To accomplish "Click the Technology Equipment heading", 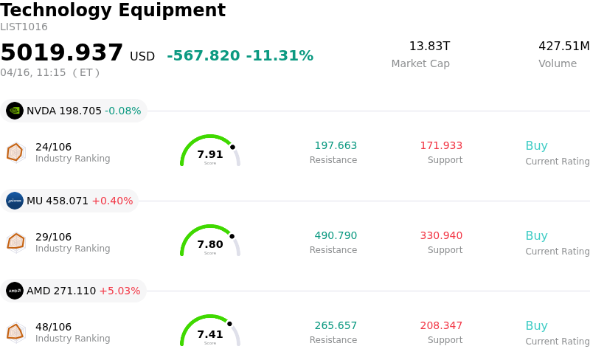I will (113, 10).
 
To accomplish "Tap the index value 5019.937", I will (62, 53).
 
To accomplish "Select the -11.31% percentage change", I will (280, 56).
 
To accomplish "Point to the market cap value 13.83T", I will (429, 46).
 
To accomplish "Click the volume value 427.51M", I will (563, 46).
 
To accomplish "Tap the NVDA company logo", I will (15, 111).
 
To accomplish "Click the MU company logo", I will (15, 201).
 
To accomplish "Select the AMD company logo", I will (15, 291).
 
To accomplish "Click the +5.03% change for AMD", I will (119, 291).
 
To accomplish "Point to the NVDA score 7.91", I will (210, 154).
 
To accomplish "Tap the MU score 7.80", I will (210, 244).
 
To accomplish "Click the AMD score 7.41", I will (210, 334).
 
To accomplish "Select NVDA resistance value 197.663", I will (336, 145).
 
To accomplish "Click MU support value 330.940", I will (441, 235).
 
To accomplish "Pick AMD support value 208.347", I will (441, 325).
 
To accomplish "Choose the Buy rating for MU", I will (536, 236).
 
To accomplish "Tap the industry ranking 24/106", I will (53, 147).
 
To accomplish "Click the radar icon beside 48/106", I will (15, 332).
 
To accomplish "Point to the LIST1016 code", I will (24, 27).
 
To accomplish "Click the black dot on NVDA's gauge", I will (232, 147).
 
